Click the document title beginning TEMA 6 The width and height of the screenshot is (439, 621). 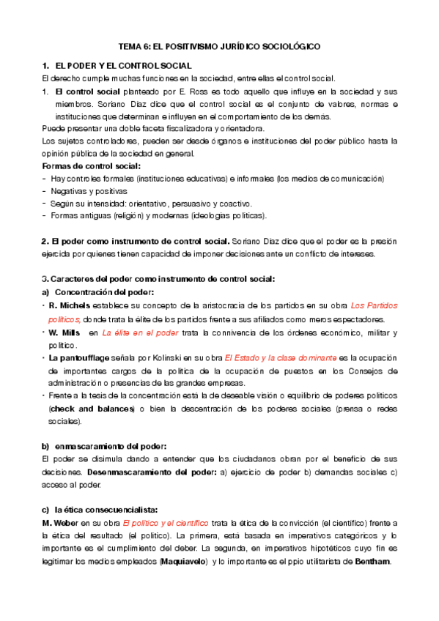click(220, 45)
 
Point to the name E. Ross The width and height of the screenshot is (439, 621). click(189, 92)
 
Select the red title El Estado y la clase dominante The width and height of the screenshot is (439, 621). click(281, 358)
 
